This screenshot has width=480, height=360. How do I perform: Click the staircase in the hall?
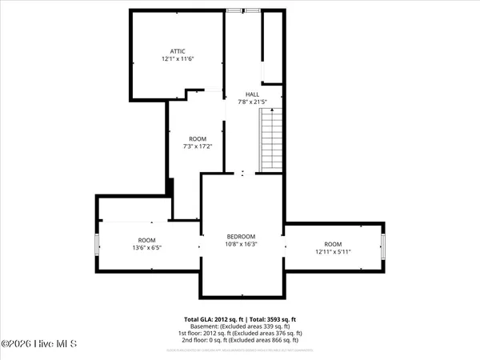pyautogui.click(x=272, y=140)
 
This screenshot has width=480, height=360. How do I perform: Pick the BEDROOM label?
pyautogui.click(x=241, y=236)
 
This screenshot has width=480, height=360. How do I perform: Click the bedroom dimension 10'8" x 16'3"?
pyautogui.click(x=241, y=244)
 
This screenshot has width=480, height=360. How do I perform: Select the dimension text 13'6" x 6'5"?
pyautogui.click(x=146, y=248)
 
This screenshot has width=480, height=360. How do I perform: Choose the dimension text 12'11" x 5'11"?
pyautogui.click(x=332, y=252)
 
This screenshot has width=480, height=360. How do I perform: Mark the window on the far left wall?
pyautogui.click(x=98, y=244)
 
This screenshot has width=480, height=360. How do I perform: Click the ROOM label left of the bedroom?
pyautogui.click(x=146, y=240)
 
